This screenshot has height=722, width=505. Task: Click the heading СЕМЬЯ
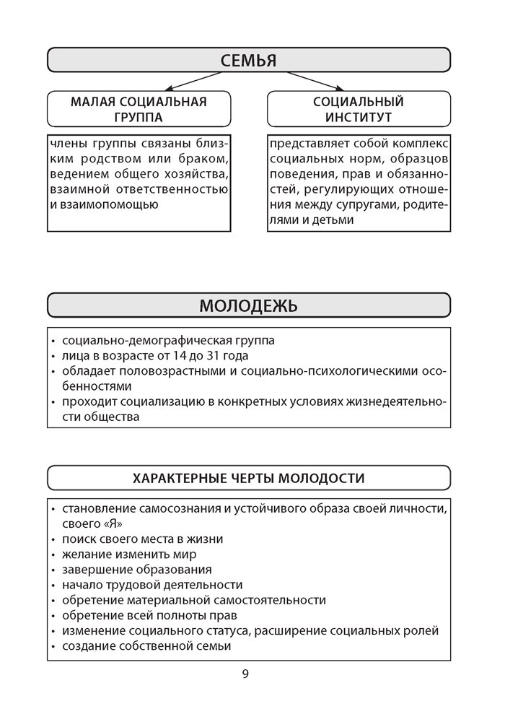click(248, 60)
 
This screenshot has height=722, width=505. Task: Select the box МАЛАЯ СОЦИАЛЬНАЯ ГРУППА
click(139, 109)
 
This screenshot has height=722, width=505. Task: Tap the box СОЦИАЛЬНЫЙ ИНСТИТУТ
click(358, 109)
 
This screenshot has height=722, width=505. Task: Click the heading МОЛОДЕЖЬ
click(248, 305)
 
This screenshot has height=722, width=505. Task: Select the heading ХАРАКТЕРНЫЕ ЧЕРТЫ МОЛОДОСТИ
click(248, 478)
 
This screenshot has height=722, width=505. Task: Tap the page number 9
click(245, 674)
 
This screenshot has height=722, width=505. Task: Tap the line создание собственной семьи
click(146, 646)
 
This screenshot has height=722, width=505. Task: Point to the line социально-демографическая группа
click(169, 341)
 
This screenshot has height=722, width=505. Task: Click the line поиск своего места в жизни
click(143, 539)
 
